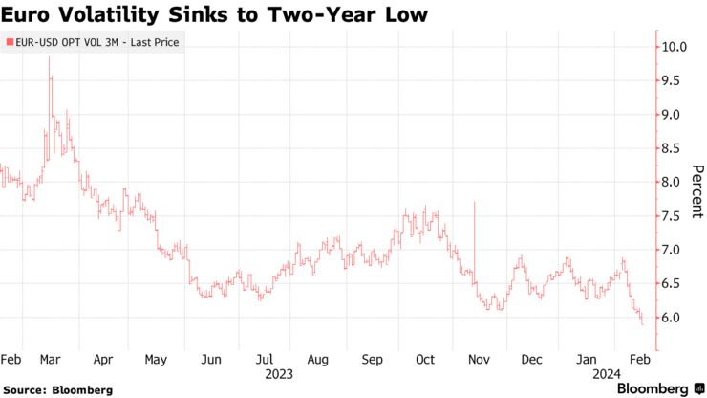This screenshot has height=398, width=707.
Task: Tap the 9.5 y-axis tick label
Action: tap(675, 81)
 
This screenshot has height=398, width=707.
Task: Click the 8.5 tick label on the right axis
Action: tap(675, 148)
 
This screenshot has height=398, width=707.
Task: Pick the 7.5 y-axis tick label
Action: tap(675, 216)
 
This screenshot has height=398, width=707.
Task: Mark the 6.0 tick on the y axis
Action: tap(675, 318)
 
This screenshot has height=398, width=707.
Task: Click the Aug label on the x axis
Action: tap(318, 360)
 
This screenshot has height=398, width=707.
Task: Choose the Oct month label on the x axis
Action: tap(425, 360)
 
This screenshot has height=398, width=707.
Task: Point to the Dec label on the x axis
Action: tap(532, 360)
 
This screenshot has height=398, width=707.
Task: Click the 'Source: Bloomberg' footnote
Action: tap(58, 389)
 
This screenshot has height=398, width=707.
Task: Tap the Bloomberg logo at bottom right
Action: tap(654, 388)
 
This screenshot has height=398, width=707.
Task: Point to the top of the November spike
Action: tap(474, 203)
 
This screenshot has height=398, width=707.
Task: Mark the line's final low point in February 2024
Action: tap(642, 325)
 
